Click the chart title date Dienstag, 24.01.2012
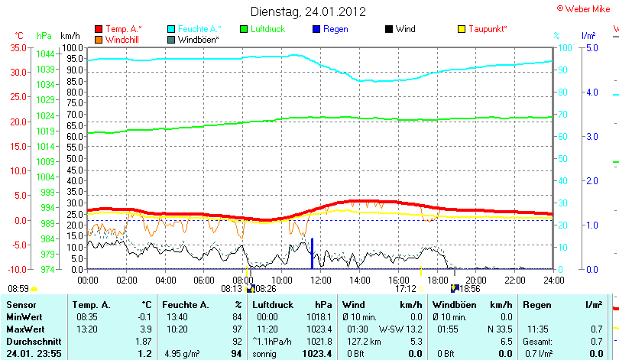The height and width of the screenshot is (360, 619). point(309,11)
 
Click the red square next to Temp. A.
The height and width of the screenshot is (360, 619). point(99,29)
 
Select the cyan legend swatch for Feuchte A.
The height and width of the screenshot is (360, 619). point(172,29)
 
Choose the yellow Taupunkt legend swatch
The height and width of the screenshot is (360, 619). point(462,29)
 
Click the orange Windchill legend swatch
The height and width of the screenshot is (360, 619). point(99,39)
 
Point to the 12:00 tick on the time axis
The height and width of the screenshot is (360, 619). point(320,281)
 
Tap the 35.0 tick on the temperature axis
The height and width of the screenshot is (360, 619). point(18,47)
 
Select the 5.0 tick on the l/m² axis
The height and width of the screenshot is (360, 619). point(591,47)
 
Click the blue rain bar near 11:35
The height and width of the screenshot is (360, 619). point(312,254)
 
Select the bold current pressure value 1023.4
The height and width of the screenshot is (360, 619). point(317,354)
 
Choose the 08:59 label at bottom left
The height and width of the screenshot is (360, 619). point(18,289)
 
